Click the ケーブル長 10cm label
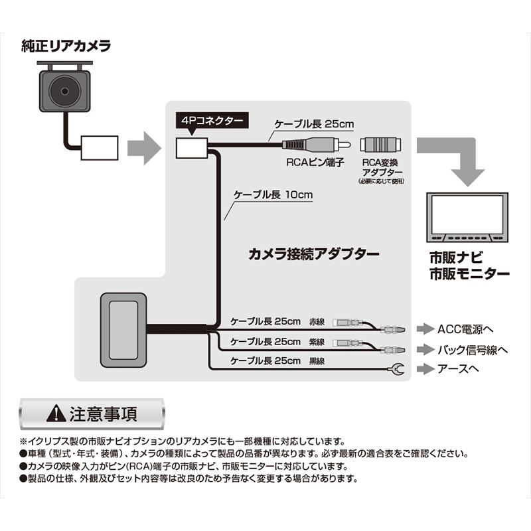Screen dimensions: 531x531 273,196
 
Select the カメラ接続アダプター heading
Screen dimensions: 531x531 313,254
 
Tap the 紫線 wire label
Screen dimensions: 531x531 319,342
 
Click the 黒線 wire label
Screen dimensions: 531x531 319,362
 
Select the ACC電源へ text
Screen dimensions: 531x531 465,329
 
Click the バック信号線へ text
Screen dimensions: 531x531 473,349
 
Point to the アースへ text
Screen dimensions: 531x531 457,369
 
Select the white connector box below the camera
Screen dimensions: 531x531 99,146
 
